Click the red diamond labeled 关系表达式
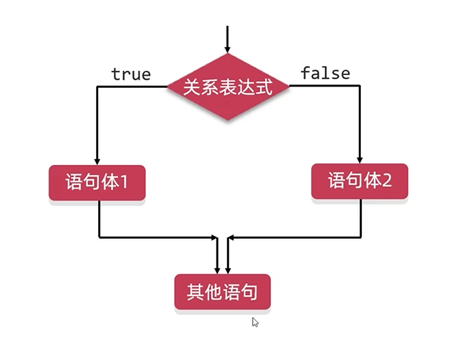(x=228, y=87)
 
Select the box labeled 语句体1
(x=97, y=182)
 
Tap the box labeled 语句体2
(x=360, y=181)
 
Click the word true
(x=131, y=74)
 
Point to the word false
(x=325, y=73)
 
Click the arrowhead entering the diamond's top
(x=228, y=47)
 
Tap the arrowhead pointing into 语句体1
(x=97, y=159)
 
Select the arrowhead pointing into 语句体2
(x=360, y=158)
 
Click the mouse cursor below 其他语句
(x=255, y=322)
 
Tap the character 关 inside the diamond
(x=192, y=87)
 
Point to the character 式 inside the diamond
(x=263, y=87)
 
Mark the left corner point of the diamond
(x=168, y=87)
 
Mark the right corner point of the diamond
(x=289, y=87)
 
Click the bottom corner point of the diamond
(x=228, y=121)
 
